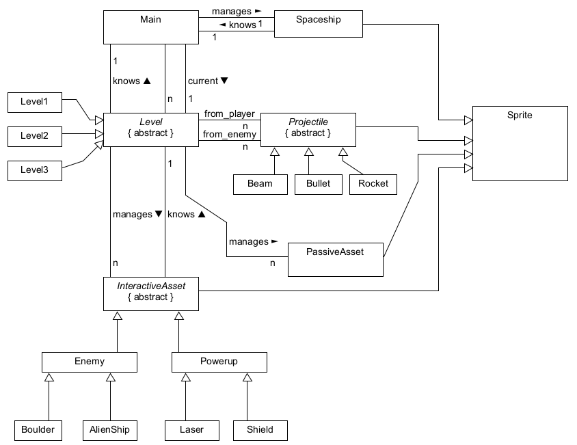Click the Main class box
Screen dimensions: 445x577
(x=150, y=27)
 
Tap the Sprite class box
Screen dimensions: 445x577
(x=520, y=143)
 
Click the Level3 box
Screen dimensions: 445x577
(x=34, y=170)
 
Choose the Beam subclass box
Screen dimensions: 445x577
(x=260, y=184)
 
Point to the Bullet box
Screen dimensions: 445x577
(x=318, y=184)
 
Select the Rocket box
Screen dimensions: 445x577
(x=373, y=184)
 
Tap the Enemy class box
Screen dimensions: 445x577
(x=90, y=362)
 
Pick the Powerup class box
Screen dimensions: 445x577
(x=219, y=362)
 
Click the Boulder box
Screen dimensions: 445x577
(x=34, y=430)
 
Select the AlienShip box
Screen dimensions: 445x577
(x=109, y=430)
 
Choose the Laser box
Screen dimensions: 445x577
(x=192, y=430)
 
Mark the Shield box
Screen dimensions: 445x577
(x=260, y=430)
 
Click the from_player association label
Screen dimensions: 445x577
(x=229, y=113)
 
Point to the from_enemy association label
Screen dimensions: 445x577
(x=229, y=135)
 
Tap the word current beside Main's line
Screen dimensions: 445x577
(x=202, y=81)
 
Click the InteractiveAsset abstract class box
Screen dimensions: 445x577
(x=150, y=292)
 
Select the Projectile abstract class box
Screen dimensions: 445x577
(x=308, y=128)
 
